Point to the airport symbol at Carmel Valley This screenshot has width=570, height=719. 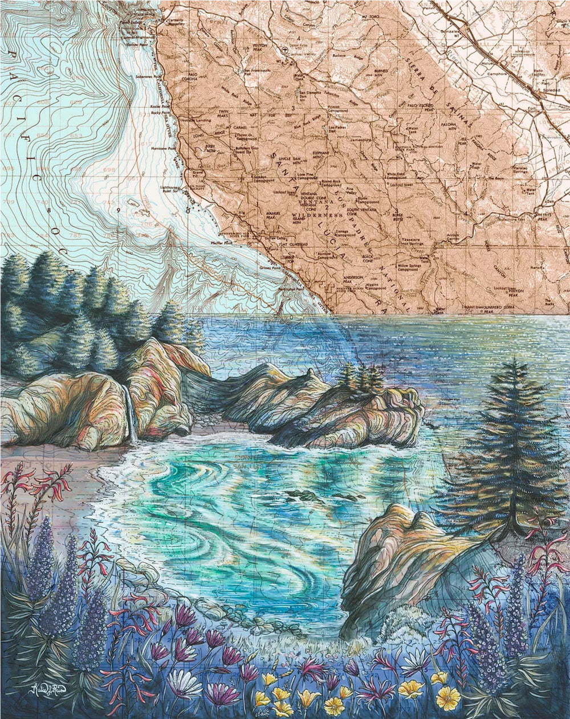click(284, 50)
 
